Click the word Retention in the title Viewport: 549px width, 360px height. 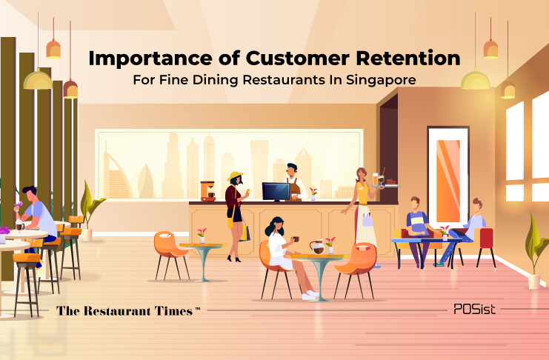[x=408, y=58]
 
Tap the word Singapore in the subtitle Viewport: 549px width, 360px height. [x=381, y=80]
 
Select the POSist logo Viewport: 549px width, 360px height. [x=474, y=309]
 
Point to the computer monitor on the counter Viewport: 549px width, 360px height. [x=276, y=191]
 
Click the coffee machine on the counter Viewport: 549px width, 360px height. [x=208, y=191]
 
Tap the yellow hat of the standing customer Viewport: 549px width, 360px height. [x=235, y=176]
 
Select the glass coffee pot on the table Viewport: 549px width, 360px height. [x=317, y=247]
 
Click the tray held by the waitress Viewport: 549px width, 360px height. [x=385, y=186]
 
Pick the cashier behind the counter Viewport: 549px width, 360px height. [x=293, y=182]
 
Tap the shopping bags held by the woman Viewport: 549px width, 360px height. [x=244, y=231]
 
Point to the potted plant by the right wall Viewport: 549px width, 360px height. [x=536, y=251]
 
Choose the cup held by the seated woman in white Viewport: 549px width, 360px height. [x=296, y=239]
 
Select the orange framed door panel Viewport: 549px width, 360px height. [x=448, y=176]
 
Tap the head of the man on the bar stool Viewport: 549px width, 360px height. [x=30, y=193]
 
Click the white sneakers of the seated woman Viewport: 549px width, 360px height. [x=310, y=296]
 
